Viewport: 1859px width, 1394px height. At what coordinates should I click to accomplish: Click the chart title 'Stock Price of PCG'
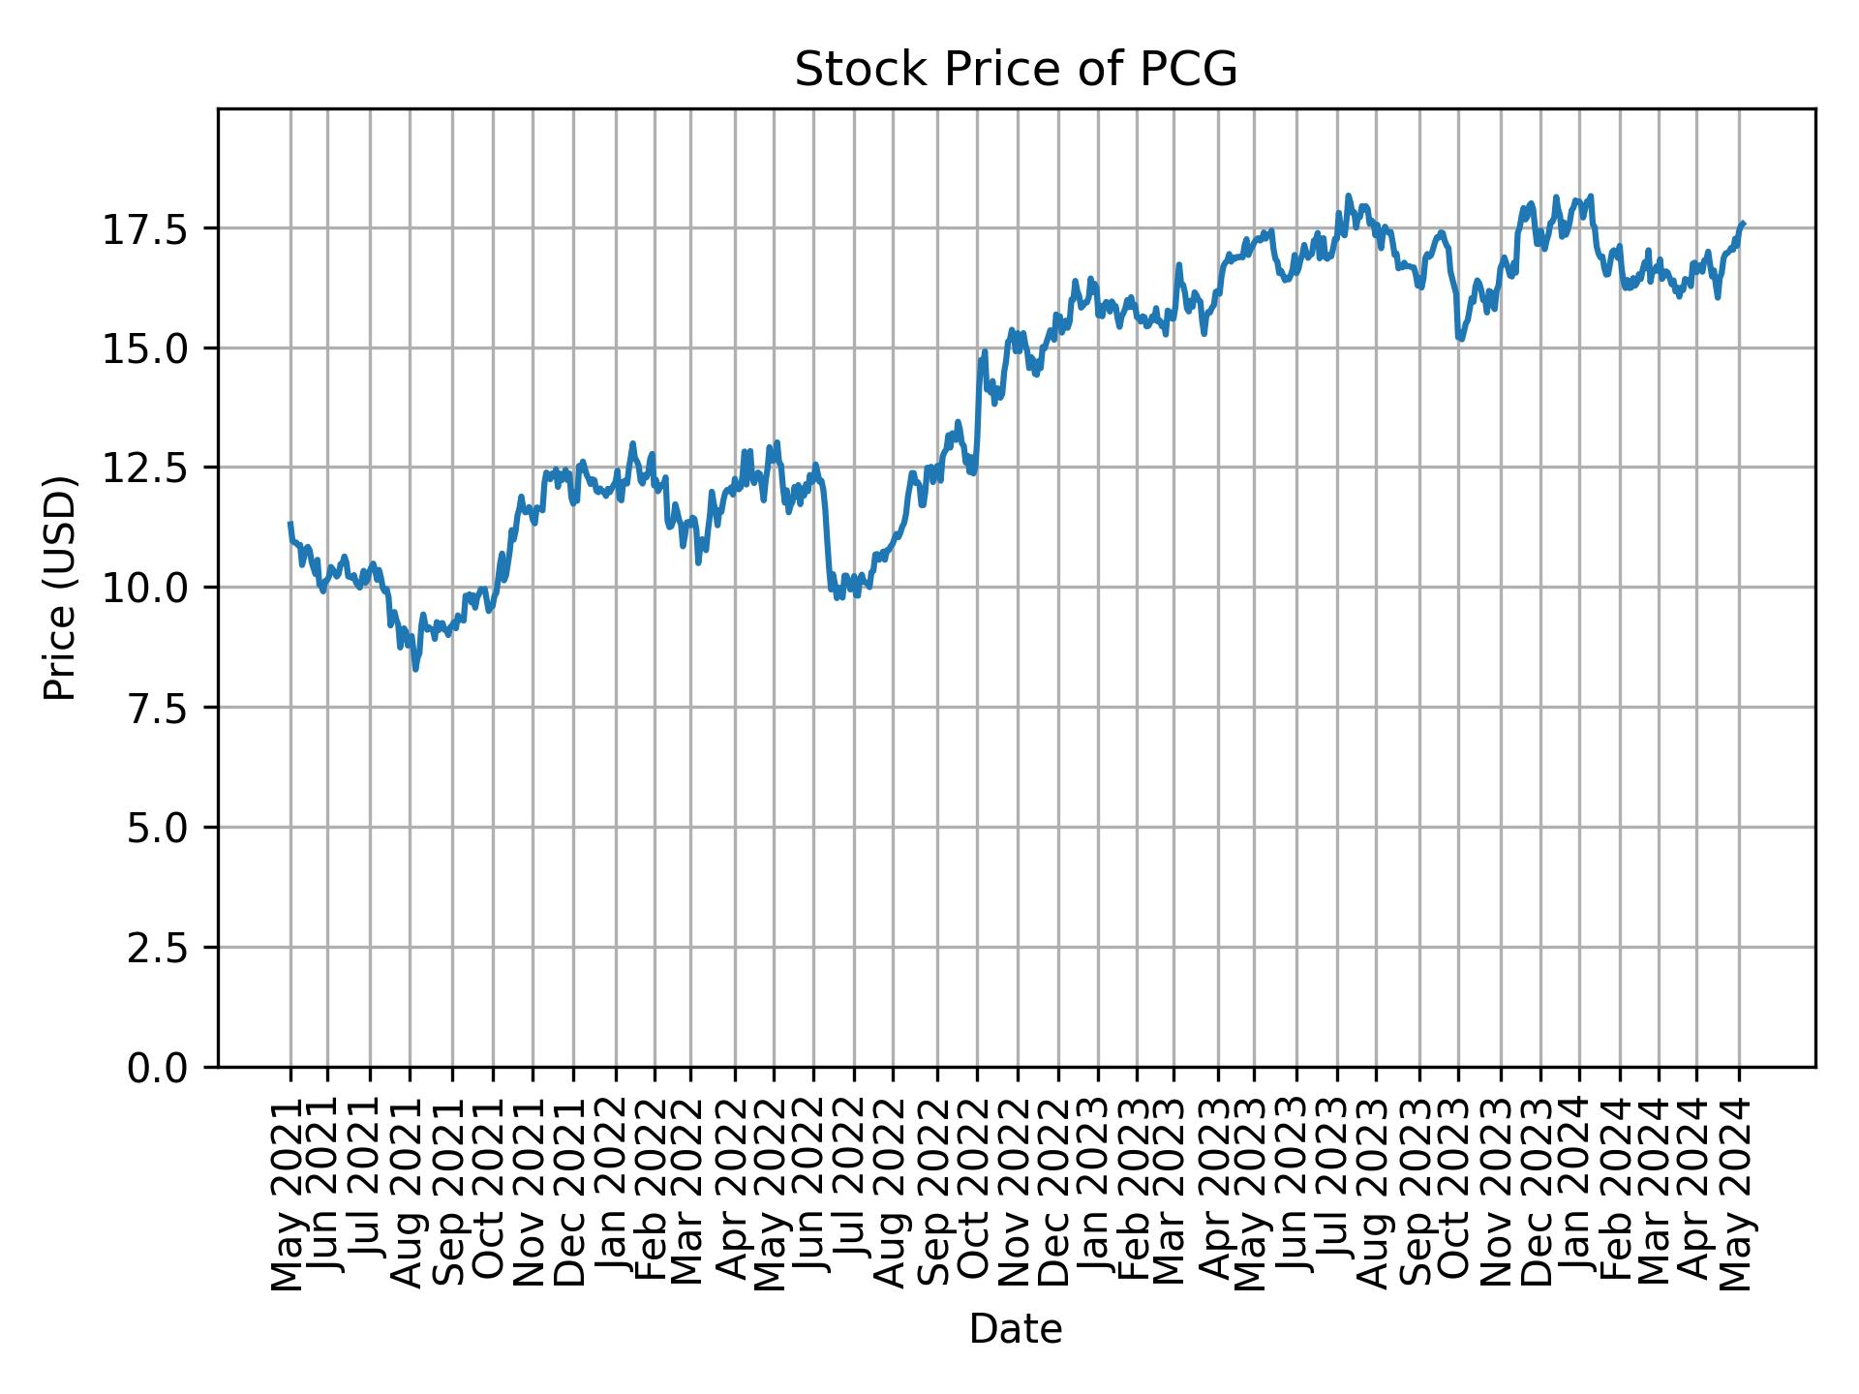click(1016, 70)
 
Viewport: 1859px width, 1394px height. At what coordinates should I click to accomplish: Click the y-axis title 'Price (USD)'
click(60, 588)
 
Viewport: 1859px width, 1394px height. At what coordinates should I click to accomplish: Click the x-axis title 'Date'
click(1016, 1329)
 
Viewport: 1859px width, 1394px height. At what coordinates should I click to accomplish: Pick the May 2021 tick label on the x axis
click(289, 1193)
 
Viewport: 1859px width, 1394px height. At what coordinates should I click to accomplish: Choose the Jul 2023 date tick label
click(1336, 1193)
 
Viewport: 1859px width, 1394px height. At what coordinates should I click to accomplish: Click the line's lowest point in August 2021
click(415, 668)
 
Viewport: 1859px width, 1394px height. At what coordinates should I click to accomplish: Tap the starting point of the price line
click(290, 524)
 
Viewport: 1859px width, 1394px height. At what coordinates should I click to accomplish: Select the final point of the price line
click(1743, 224)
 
